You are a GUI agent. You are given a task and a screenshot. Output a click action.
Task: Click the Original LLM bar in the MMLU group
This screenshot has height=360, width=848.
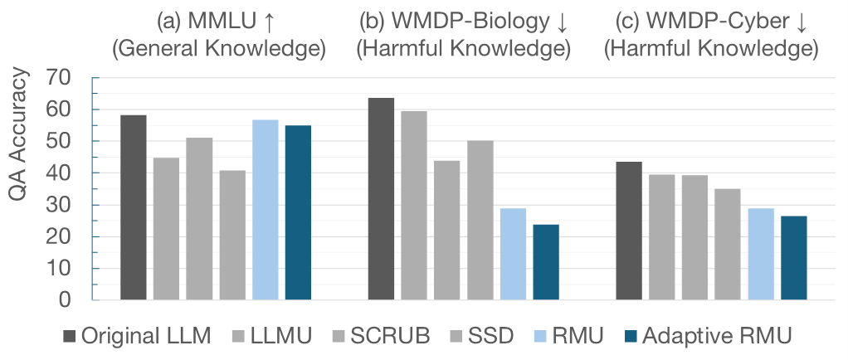point(134,207)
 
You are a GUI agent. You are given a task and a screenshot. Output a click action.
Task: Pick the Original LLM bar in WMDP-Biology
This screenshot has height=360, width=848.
point(381,199)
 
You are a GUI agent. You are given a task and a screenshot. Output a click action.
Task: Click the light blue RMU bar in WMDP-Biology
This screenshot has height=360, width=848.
point(513,254)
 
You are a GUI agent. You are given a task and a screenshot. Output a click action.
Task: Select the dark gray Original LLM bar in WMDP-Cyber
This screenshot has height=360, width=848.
point(628,231)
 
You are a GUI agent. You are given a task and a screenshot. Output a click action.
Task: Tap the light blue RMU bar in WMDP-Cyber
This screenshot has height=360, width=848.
point(760,254)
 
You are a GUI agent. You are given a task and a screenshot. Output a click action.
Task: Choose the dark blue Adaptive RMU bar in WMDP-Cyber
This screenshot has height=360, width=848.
point(793,258)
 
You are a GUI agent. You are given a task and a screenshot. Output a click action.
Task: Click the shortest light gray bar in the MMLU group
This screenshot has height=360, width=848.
point(232,235)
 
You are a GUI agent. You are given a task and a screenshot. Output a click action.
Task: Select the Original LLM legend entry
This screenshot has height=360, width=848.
point(139,336)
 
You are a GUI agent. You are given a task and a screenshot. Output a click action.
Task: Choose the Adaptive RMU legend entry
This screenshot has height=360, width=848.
point(706,336)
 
